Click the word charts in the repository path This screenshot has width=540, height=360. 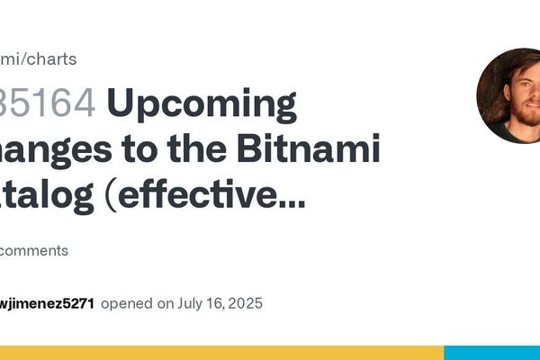tap(52, 59)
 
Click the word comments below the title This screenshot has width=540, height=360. tap(34, 250)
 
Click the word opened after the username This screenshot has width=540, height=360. tap(128, 303)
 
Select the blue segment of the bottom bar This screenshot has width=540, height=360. tap(492, 352)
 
